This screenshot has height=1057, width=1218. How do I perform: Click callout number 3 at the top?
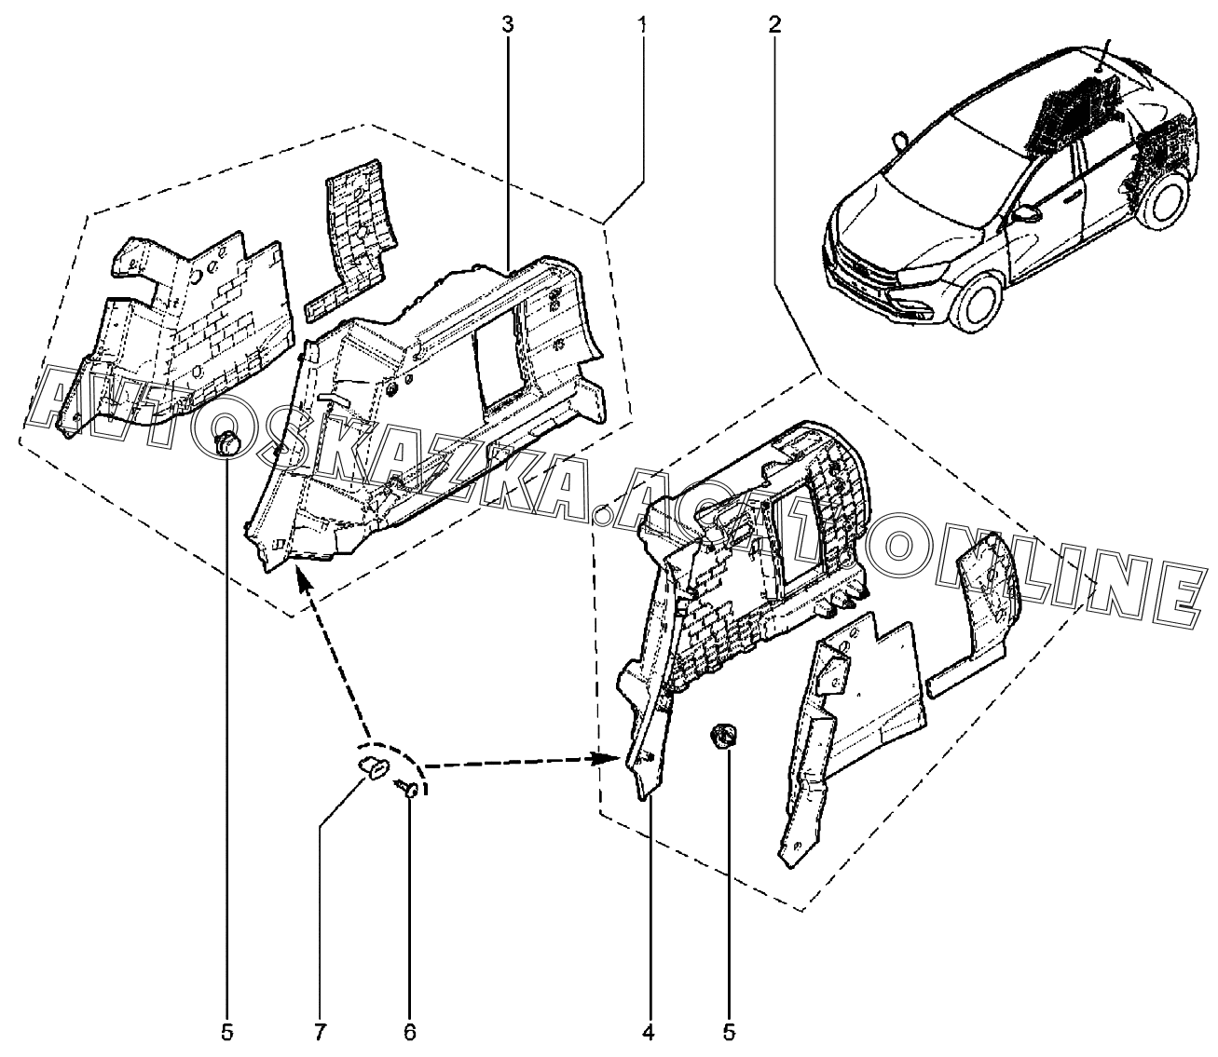[507, 24]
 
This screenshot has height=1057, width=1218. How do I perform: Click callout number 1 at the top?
[642, 24]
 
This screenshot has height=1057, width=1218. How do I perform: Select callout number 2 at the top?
[775, 24]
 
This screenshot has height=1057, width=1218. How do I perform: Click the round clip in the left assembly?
[226, 443]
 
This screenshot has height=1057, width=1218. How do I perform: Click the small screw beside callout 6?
[409, 788]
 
